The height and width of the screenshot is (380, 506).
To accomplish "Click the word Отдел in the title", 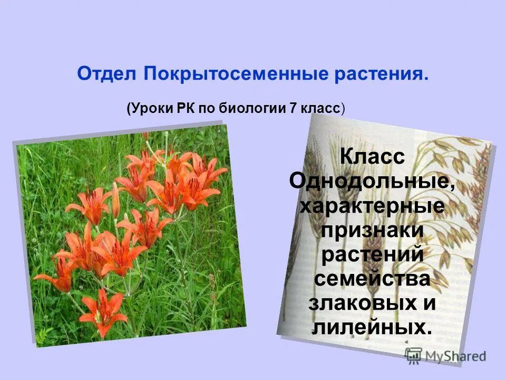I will (x=108, y=73).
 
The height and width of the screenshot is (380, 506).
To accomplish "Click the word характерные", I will (x=372, y=206).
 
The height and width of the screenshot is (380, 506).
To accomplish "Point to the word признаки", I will (x=372, y=231).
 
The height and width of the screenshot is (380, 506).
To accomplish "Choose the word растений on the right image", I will (x=372, y=255).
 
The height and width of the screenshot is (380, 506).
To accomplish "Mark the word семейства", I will (x=372, y=279).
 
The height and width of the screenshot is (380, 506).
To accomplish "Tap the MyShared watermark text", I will (x=455, y=356).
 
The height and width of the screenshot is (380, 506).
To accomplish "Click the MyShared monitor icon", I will (x=414, y=355).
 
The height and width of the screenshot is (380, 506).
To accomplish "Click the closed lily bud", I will (x=115, y=201).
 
